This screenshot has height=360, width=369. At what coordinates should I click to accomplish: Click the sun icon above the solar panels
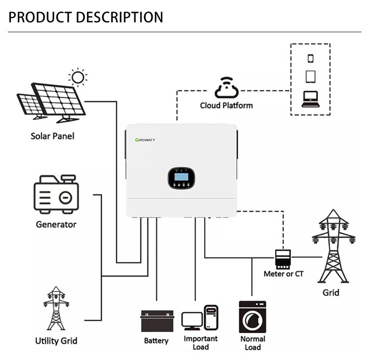(x=77, y=77)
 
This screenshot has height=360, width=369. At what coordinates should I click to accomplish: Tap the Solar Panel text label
(x=53, y=136)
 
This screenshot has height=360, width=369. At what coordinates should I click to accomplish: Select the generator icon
(x=56, y=195)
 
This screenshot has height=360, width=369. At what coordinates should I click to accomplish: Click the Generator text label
(x=56, y=224)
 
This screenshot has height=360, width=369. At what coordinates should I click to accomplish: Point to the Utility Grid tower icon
(x=56, y=308)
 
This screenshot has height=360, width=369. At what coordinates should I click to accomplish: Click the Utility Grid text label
(x=56, y=340)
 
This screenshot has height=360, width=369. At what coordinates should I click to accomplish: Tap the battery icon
(x=156, y=321)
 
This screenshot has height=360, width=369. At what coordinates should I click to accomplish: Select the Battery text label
(x=156, y=341)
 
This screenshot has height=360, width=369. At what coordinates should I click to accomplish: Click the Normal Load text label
(x=252, y=343)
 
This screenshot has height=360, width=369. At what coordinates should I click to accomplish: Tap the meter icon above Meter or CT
(x=283, y=258)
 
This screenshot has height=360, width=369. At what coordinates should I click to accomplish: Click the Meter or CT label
(x=284, y=274)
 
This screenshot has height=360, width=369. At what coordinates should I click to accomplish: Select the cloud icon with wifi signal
(x=226, y=88)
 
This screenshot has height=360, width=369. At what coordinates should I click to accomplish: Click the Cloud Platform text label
(x=226, y=106)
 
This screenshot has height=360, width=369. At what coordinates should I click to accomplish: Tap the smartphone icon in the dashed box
(x=310, y=58)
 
